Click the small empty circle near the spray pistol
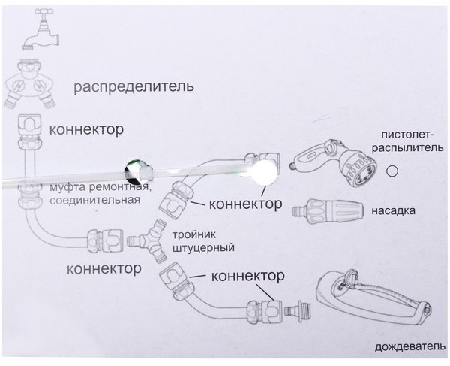(x=391, y=171)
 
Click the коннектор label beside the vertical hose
(x=85, y=129)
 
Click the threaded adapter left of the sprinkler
(x=301, y=309)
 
